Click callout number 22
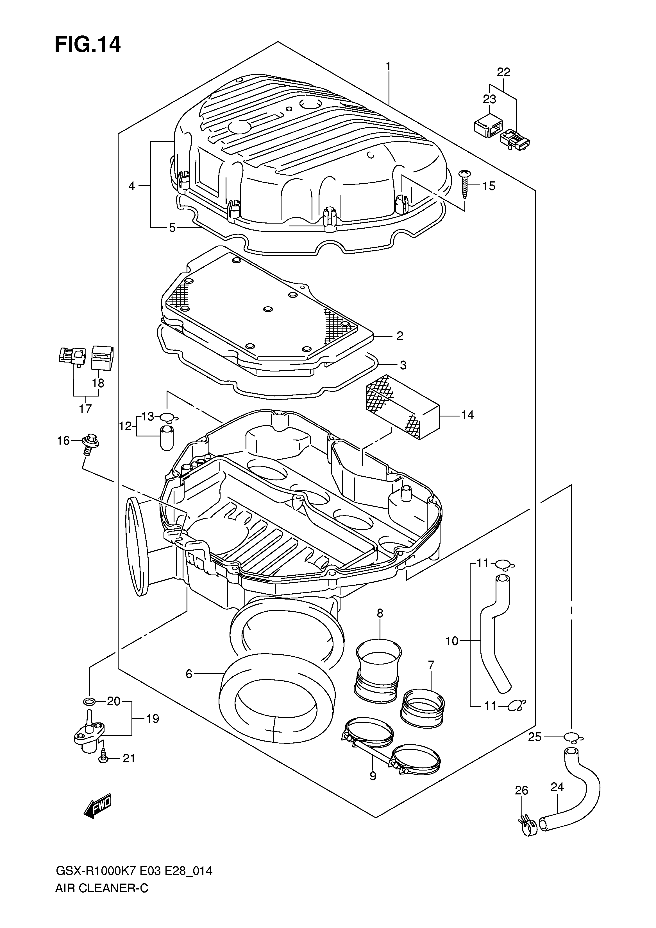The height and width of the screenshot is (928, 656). coord(503,72)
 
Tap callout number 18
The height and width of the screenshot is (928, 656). coord(98,383)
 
